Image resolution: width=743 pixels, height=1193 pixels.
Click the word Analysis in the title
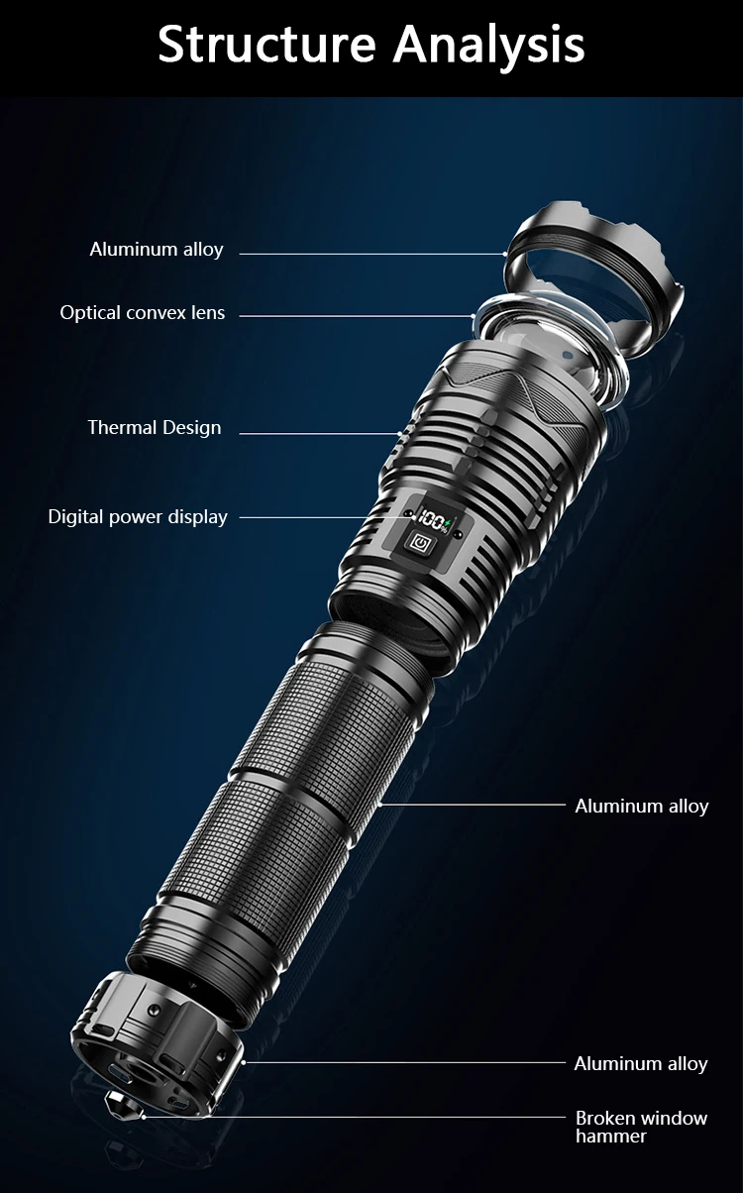click(x=489, y=45)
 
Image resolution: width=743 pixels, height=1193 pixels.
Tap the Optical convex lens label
click(x=143, y=313)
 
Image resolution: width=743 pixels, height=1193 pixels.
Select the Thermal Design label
click(x=155, y=428)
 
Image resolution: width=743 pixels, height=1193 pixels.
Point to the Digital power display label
click(x=138, y=517)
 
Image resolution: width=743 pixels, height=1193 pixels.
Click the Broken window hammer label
click(x=641, y=1127)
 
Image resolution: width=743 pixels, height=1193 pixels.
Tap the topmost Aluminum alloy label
click(x=157, y=250)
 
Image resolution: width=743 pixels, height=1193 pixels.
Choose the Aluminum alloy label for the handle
click(x=642, y=806)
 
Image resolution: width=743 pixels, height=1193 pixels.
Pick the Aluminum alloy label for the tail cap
click(x=641, y=1064)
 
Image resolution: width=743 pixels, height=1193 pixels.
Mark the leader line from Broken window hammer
click(x=357, y=1118)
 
